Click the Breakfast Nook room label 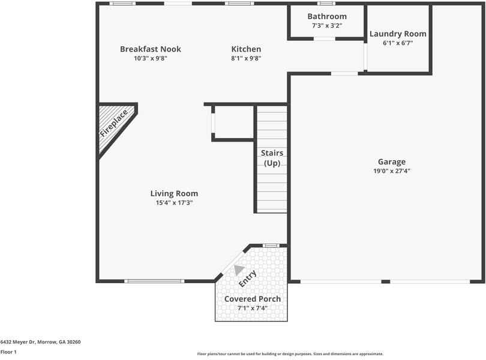coord(150,49)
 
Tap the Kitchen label coord(246,49)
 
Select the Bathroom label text coord(327,16)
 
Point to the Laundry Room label coord(398,34)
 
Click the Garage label coord(391,161)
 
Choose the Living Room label coord(174,193)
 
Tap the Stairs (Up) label coord(272,158)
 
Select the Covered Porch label coord(252,299)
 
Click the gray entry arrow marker coord(239,270)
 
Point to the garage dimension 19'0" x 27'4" coord(391,171)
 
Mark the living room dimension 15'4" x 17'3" coord(174,203)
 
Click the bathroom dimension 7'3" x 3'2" coord(327,26)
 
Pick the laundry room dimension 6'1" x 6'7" coord(398,43)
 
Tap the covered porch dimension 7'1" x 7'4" coord(252,308)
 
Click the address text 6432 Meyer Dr coord(40,342)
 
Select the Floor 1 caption coord(8,352)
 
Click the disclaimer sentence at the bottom coord(290,354)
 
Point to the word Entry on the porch coord(248,278)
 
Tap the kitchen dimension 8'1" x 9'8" coord(246,58)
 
